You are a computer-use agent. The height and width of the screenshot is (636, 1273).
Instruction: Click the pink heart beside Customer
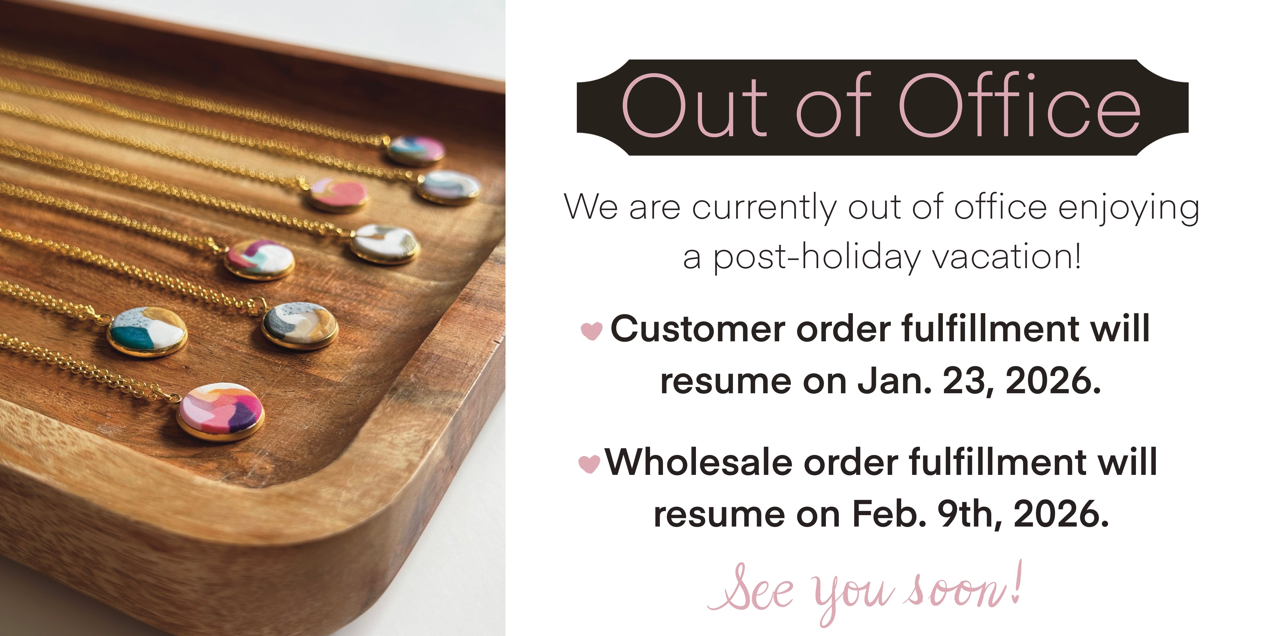pyautogui.click(x=591, y=330)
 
